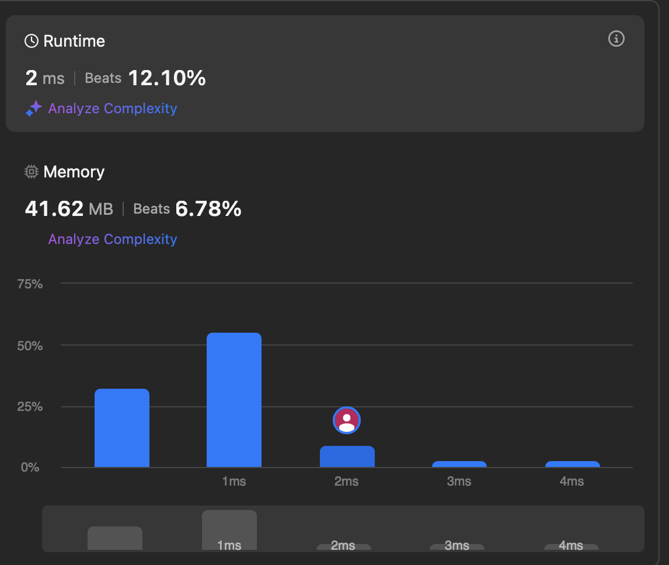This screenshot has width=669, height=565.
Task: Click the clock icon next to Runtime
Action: pos(31,41)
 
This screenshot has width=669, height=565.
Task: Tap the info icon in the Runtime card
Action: pos(616,39)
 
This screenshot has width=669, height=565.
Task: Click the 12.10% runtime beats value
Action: pos(167,78)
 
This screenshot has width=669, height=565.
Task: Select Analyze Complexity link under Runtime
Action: pos(113,109)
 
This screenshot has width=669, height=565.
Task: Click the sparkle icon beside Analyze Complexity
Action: pos(34,109)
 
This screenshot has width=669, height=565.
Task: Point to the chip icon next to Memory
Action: pos(31,172)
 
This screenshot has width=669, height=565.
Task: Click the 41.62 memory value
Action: pos(54,209)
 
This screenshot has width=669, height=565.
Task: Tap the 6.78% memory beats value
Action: pos(208,209)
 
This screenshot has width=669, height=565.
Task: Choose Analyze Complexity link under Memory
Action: pos(113,239)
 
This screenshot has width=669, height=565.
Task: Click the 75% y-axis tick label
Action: pos(30,284)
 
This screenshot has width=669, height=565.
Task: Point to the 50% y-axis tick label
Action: pos(30,346)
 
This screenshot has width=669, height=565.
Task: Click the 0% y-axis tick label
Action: pos(30,468)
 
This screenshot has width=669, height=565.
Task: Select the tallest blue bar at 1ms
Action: pos(234,400)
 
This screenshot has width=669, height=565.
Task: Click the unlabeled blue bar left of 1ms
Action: pos(122,428)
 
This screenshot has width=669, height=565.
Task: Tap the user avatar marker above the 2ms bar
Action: pos(346,420)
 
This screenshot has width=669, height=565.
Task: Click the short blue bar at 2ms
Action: pos(347,456)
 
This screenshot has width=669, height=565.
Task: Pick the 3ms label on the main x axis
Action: pos(459,482)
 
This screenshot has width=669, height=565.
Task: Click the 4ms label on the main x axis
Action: pos(572,482)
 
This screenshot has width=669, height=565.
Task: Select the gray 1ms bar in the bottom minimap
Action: pos(229,530)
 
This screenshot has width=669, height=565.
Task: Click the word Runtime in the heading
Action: pos(74,41)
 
